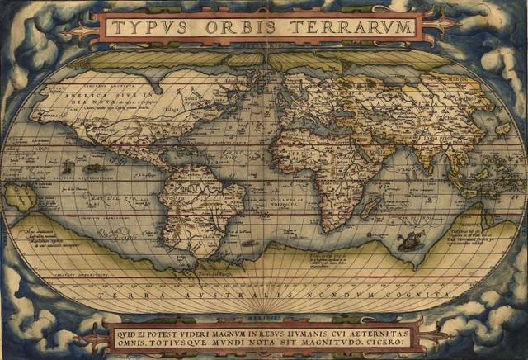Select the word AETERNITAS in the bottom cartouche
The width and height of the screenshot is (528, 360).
point(376,329)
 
